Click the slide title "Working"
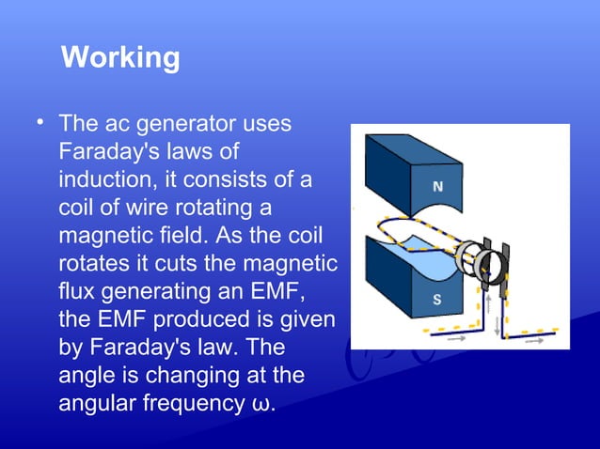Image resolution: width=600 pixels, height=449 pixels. (119, 58)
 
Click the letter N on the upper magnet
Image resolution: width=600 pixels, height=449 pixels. (437, 187)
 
